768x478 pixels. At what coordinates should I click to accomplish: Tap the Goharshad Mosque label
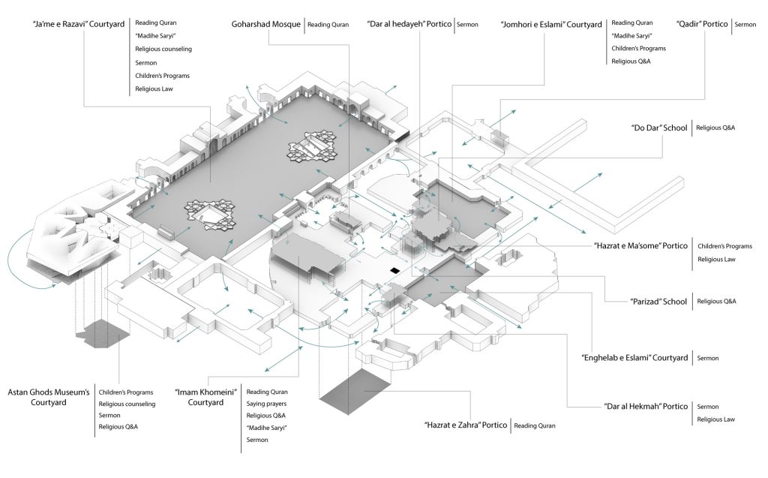point(265,24)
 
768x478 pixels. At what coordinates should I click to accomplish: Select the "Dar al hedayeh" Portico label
point(408,24)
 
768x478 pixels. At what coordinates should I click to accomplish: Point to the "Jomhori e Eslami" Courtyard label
point(551,24)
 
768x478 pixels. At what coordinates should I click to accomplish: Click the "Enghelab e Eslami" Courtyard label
point(635,358)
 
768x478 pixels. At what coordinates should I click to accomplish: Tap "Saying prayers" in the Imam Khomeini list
point(267,404)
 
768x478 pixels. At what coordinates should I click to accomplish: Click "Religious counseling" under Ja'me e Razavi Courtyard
point(163,49)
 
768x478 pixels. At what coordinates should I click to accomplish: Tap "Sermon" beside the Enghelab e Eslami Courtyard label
point(708,358)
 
